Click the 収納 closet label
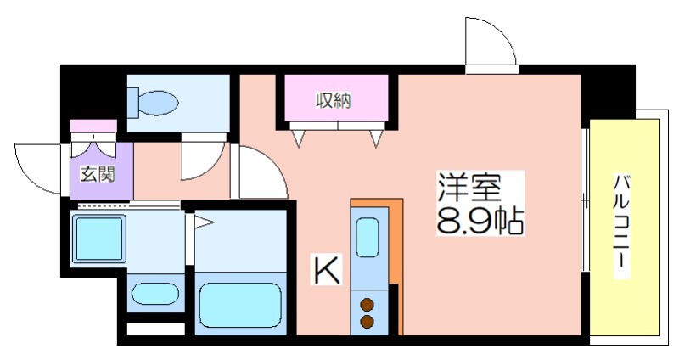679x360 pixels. coord(333,101)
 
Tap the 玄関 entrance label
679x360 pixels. coord(98,174)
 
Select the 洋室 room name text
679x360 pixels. coord(469,187)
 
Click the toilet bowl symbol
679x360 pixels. coord(154,103)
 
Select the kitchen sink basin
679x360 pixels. coord(368,238)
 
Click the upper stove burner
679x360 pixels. coord(368,305)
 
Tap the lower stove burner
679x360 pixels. coord(368,322)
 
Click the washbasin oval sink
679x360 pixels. coord(155,294)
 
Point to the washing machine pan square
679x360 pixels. coord(98,238)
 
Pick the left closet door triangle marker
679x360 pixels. coord(298,138)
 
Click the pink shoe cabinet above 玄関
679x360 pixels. coord(93,126)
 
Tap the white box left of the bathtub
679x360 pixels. coord(155,329)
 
